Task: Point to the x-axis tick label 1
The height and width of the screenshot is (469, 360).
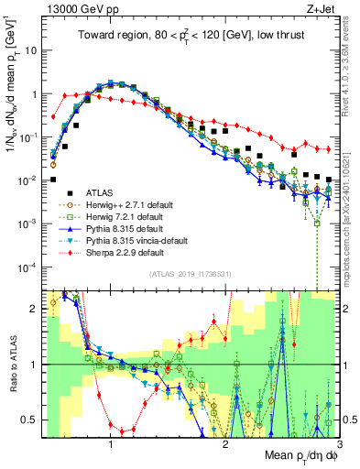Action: [111, 443]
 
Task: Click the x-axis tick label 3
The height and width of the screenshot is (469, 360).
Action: [338, 443]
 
